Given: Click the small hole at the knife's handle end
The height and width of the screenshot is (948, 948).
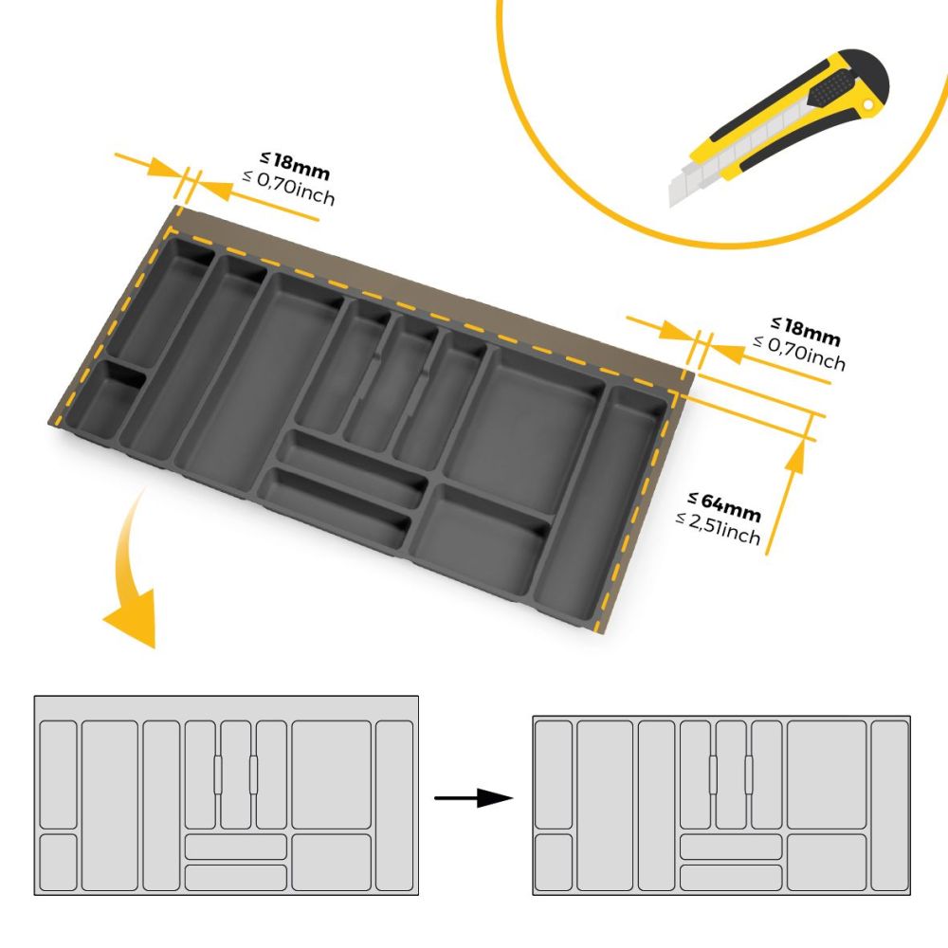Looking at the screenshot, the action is point(868,106).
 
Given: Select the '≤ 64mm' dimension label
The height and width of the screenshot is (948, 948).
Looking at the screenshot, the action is point(724,506).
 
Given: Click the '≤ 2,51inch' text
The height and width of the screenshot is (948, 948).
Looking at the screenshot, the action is point(719,528).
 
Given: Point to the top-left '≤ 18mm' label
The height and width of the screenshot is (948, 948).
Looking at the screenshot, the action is point(295,166).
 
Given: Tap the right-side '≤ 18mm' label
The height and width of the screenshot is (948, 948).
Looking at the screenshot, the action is point(805,332).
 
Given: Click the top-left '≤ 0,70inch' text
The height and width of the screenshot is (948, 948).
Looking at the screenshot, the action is point(289,188).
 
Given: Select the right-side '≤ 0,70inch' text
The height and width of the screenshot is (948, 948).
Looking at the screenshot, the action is point(799,353).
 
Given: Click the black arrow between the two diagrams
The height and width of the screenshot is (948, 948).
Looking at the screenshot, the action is point(473,798).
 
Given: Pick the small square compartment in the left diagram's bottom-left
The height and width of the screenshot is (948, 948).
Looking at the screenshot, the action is point(58,863).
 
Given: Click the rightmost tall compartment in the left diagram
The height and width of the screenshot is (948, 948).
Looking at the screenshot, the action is point(394,805).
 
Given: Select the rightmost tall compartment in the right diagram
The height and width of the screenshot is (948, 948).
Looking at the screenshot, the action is point(890,805).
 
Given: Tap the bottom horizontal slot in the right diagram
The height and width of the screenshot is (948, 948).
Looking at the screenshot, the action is point(731,878).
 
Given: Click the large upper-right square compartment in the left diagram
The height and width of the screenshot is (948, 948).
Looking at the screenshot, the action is point(331,775).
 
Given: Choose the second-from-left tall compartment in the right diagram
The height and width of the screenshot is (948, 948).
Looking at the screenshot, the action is point(605,805).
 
